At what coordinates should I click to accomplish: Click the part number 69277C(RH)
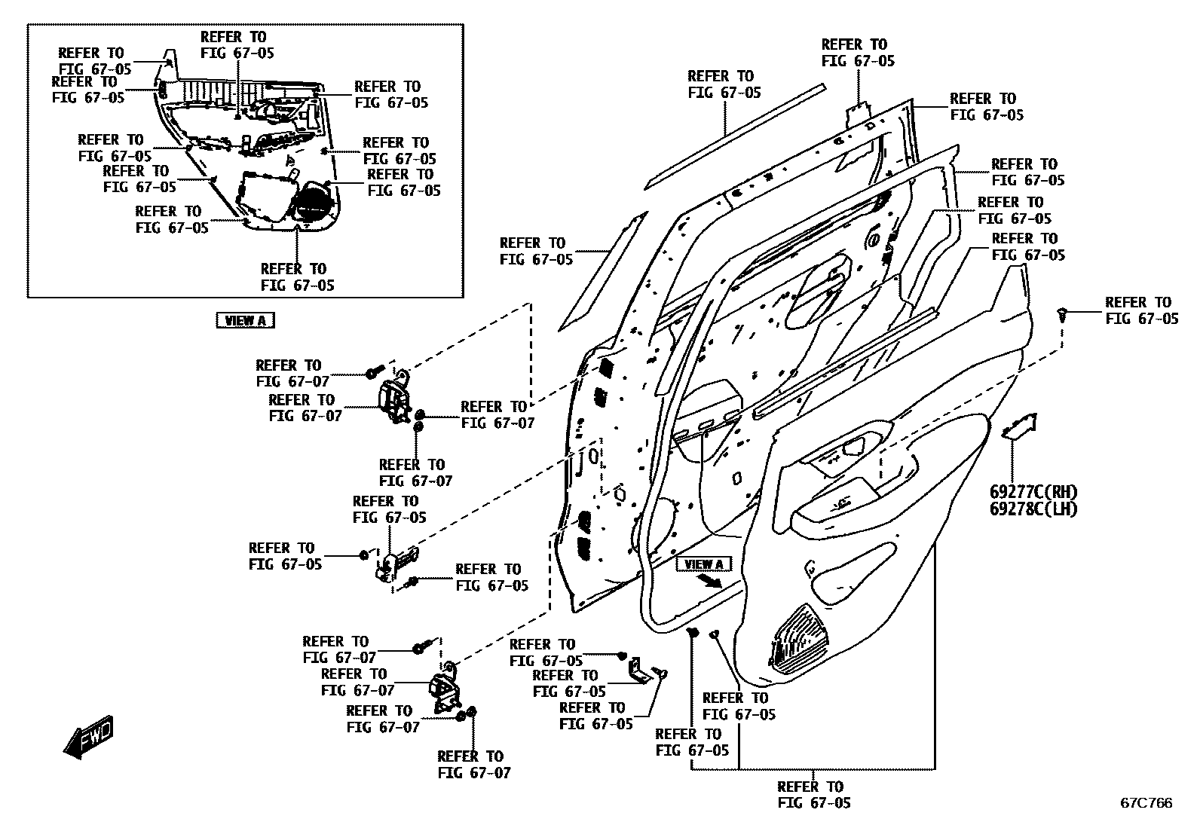pyautogui.click(x=1033, y=491)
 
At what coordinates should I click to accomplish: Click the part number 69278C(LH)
pyautogui.click(x=1033, y=509)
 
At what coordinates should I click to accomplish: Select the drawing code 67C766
pyautogui.click(x=1146, y=803)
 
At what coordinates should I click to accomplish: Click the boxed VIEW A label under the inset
pyautogui.click(x=245, y=320)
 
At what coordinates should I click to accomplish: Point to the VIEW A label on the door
pyautogui.click(x=704, y=564)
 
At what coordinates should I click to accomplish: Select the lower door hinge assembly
pyautogui.click(x=446, y=690)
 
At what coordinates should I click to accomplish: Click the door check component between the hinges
pyautogui.click(x=396, y=562)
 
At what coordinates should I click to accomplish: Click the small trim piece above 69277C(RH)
pyautogui.click(x=1020, y=426)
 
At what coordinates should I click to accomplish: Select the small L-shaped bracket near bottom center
pyautogui.click(x=639, y=671)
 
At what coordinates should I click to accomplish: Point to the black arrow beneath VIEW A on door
pyautogui.click(x=709, y=580)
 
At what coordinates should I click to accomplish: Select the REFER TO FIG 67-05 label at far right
pyautogui.click(x=1141, y=310)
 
